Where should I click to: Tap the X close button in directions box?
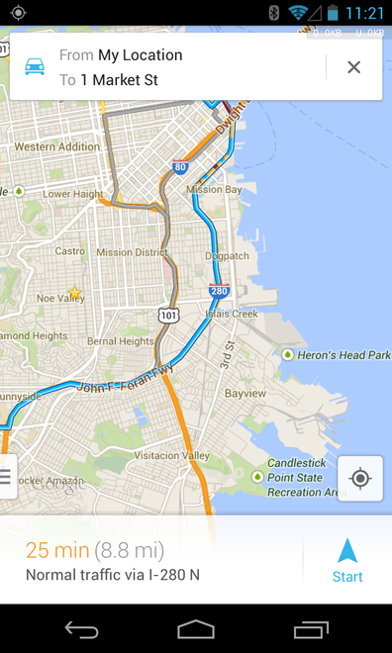point(353,67)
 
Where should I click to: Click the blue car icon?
point(35,67)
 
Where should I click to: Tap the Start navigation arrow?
point(346,560)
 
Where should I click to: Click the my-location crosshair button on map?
point(360,479)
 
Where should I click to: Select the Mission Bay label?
point(214,189)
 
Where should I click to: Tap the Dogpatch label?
point(227,256)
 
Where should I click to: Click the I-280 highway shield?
point(219,291)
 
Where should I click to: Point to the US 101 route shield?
point(169,315)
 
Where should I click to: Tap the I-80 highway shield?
point(180,169)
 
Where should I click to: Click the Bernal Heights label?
point(121,341)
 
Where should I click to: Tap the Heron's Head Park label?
point(343,355)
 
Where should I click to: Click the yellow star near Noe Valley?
point(74,293)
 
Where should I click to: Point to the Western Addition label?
point(57,146)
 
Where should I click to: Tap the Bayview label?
point(245,393)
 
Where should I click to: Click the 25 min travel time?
point(57,551)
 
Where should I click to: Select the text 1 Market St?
point(119,79)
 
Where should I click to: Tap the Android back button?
point(81,629)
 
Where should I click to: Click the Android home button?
point(196,629)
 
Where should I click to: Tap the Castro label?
point(69,251)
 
